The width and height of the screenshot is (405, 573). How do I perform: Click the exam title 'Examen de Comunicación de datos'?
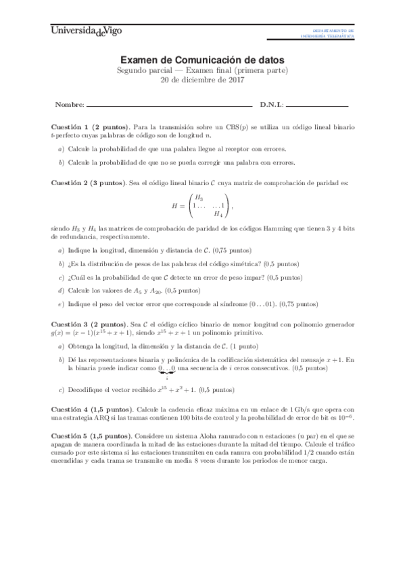click(203, 60)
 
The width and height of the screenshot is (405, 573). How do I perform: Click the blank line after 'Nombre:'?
click(169, 105)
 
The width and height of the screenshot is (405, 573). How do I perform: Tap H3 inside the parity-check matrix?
click(199, 197)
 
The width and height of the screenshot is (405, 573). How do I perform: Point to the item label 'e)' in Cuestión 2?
click(62, 304)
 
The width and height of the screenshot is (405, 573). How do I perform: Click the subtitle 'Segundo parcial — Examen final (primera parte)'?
click(203, 70)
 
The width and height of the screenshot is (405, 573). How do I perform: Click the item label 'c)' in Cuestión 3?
click(62, 390)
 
